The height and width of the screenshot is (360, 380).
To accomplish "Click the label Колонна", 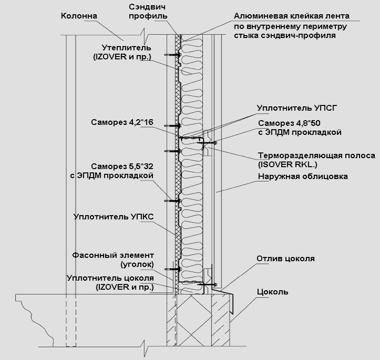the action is pos(79,16).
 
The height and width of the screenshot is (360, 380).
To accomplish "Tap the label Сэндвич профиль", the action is pos(148,11).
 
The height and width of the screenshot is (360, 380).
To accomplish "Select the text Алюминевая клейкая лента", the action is pos(292,16).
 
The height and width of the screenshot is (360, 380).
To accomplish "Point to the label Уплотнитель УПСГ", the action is pos(297,108).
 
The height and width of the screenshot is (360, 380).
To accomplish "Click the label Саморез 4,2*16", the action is pos(122,122).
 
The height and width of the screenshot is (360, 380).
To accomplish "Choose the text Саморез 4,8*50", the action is pos(289,123).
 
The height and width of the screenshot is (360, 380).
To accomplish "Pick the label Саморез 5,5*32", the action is pos(122,166).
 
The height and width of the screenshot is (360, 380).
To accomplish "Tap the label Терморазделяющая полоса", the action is pos(316,155).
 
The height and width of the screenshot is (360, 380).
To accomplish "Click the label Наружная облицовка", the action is pos(303,176).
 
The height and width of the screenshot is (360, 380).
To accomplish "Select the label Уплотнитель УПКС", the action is pos(114,217).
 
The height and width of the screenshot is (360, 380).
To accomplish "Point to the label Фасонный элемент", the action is pos(113,255).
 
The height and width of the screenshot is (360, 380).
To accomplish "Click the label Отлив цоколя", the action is pos(286,258).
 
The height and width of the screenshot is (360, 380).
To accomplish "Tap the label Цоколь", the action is pos(273,292).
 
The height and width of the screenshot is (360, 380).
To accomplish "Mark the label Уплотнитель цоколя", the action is pos(110,278).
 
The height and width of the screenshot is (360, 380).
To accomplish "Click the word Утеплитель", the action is pos(126,47).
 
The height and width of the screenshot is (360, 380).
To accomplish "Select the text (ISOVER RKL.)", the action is pos(287,164).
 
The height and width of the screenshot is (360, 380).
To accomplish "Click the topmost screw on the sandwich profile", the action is pos(173,55).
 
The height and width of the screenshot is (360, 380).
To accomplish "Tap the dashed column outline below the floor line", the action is pos(71,320).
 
